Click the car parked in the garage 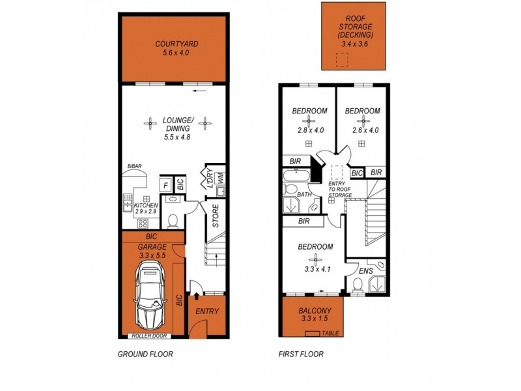point(149,297)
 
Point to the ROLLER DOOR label point(149,336)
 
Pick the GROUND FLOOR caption point(145,355)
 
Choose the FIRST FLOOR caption point(302,355)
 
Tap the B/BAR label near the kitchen point(135,167)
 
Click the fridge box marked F point(165,185)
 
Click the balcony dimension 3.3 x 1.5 point(313,320)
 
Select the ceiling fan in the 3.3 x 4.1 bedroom point(315,257)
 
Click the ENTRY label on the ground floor point(207,311)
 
